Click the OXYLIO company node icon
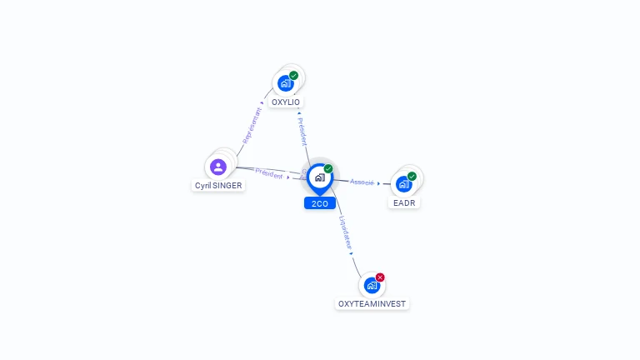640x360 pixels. (x=286, y=83)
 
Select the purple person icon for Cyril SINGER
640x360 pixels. (x=218, y=167)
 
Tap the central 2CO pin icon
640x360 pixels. (x=319, y=177)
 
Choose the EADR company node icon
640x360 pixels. (x=404, y=183)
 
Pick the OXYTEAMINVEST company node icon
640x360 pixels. (x=372, y=285)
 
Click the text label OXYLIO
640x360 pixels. (x=286, y=102)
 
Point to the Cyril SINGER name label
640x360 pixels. (x=218, y=186)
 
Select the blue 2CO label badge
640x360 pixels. (x=319, y=203)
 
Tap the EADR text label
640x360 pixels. (x=404, y=202)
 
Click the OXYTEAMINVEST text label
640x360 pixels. (x=372, y=304)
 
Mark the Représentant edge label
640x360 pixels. (x=251, y=126)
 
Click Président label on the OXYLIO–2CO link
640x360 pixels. (x=302, y=132)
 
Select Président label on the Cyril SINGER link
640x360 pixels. (x=268, y=173)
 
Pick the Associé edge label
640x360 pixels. (x=362, y=182)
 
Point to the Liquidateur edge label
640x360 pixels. (x=346, y=234)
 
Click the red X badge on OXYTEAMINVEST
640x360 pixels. (x=380, y=277)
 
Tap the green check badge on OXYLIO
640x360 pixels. (x=294, y=76)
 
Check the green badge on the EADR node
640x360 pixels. (x=412, y=177)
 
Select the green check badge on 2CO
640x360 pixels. (x=328, y=169)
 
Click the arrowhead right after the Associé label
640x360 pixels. (x=379, y=183)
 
